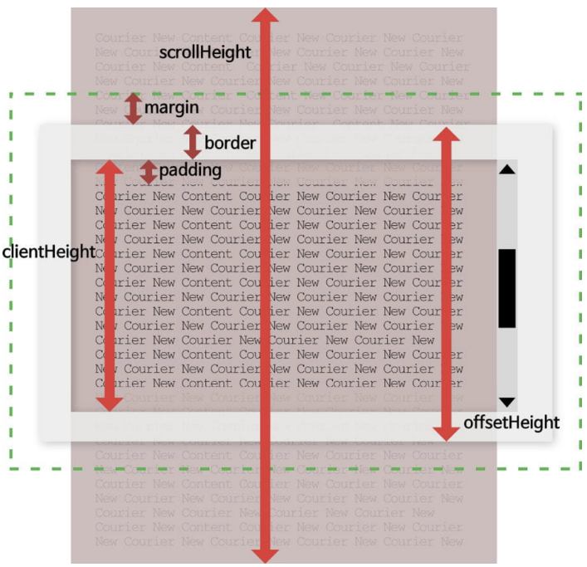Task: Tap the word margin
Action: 172,109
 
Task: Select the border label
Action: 230,143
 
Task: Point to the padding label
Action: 190,170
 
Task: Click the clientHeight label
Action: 49,252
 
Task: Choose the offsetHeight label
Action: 511,423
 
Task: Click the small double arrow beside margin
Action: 133,109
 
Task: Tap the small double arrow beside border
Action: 193,142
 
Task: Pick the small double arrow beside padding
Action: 148,171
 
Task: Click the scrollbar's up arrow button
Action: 507,169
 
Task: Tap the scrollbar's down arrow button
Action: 507,401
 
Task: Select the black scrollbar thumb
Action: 507,287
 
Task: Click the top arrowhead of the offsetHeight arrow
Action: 448,135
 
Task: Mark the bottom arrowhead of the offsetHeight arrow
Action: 448,433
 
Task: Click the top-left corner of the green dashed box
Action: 11,94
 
